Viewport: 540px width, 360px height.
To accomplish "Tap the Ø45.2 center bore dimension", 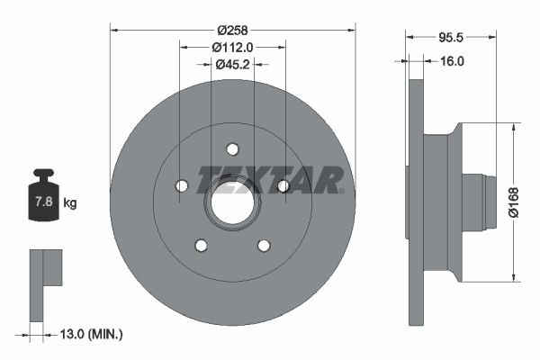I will pyautogui.click(x=232, y=64).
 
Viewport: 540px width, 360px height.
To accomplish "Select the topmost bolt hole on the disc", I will pyautogui.click(x=232, y=148).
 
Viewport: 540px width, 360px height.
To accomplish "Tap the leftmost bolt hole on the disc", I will pyautogui.click(x=181, y=185).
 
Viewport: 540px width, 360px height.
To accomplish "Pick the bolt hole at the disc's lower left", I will pyautogui.click(x=201, y=246).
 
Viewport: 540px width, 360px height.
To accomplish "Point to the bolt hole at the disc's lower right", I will pyautogui.click(x=264, y=246).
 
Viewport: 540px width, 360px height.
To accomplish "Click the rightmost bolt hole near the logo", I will pyautogui.click(x=283, y=185).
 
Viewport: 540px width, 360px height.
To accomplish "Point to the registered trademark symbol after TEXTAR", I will pyautogui.click(x=342, y=190).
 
